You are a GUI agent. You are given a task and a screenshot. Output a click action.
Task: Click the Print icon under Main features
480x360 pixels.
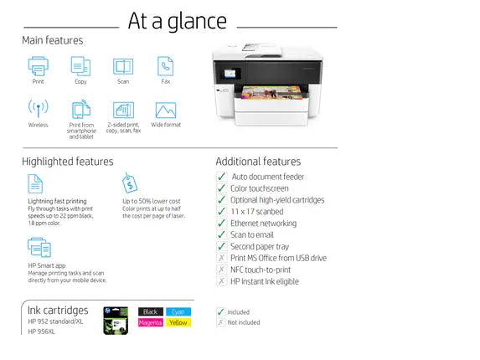coord(38,66)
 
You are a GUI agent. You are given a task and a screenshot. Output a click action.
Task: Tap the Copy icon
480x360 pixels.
coord(80,66)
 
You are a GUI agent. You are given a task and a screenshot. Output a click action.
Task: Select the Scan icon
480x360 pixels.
coord(123,66)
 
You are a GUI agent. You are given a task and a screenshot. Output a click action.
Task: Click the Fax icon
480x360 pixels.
coord(166,66)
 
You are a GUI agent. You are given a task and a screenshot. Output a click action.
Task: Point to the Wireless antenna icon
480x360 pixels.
coord(38,109)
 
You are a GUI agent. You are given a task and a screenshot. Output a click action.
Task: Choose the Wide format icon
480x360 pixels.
coord(166,110)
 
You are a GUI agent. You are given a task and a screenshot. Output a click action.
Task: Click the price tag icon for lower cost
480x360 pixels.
coord(131,183)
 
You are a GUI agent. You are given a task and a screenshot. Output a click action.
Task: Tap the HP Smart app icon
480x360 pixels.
coord(39,247)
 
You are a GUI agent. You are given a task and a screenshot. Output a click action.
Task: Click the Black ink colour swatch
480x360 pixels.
coord(151,311)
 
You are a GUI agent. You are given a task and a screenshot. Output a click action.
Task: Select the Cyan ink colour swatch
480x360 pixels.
coord(178,311)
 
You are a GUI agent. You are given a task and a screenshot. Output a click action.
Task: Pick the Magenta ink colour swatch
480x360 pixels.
coord(151,322)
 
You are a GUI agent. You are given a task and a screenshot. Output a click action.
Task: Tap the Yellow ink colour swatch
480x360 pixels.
coord(178,322)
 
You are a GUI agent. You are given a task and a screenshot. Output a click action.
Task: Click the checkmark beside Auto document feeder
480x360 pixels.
coord(221,177)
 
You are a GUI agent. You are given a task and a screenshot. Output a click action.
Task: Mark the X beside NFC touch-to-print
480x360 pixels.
coord(221,270)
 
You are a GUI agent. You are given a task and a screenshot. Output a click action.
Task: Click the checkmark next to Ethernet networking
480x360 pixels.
coord(221,224)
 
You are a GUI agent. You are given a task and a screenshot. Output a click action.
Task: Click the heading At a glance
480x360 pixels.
coord(177,21)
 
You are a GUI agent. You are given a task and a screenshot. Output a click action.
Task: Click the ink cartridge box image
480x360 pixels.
coord(115,321)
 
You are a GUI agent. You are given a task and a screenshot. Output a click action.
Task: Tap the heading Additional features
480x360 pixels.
coord(258,162)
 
